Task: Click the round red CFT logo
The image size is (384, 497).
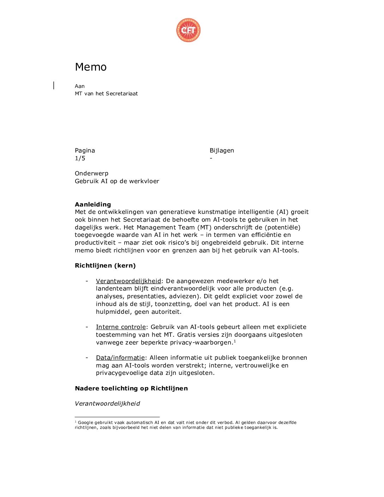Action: coord(188,30)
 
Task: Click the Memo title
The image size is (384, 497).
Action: coord(91,67)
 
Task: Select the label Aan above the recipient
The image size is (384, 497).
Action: coord(80,86)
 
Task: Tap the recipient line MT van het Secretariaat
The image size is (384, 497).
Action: coord(106,94)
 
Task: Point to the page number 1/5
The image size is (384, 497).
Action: coord(80,158)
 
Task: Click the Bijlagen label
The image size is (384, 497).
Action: coord(222,150)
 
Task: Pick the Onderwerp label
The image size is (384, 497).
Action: coord(91,173)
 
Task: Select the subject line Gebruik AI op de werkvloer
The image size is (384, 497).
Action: coord(117,181)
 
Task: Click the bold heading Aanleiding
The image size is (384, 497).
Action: coord(93,204)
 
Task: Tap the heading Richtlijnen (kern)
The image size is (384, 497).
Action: coord(105,265)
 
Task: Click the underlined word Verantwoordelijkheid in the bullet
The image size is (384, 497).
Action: coord(128,281)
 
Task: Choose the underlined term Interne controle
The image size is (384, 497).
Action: coord(121,327)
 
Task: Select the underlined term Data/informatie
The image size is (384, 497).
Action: coord(120,358)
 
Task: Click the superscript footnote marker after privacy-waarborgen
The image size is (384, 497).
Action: coord(235,341)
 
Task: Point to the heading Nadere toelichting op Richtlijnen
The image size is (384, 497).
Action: coord(131,388)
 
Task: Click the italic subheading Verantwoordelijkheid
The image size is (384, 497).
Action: coord(107,403)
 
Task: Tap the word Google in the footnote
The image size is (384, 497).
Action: coord(85,423)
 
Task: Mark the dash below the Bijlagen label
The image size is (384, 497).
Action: coord(211,158)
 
